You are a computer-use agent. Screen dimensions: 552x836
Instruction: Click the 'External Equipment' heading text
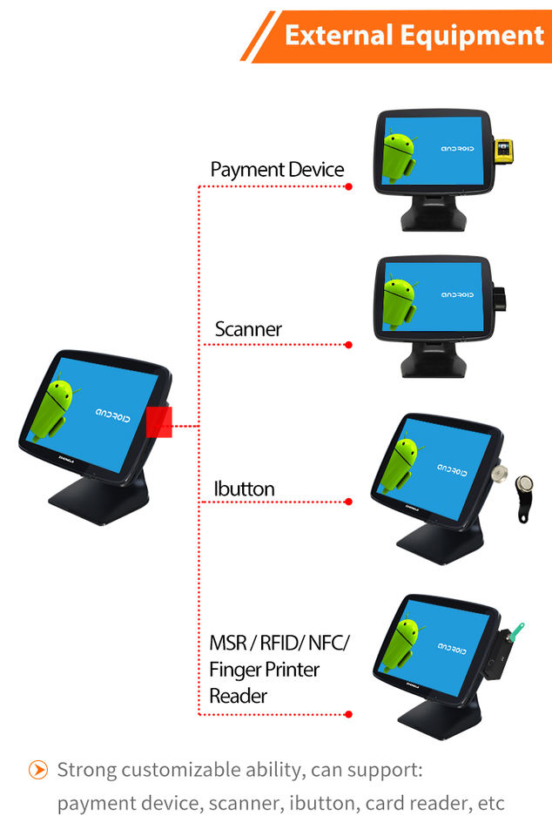pos(414,36)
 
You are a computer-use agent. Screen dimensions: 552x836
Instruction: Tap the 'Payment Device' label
pos(277,170)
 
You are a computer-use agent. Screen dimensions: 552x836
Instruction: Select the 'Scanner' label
pos(248,329)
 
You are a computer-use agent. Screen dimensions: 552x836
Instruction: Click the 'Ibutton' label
pos(244,489)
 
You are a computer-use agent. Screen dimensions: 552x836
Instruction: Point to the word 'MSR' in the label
pos(228,643)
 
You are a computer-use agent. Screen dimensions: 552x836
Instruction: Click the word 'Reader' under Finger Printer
pos(239,696)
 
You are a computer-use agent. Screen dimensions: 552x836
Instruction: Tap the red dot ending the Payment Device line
pos(348,186)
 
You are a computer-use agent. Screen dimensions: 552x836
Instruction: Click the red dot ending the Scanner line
pos(348,345)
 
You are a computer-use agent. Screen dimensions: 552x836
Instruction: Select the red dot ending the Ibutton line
pos(348,502)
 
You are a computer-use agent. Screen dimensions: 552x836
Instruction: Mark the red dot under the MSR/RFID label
pos(348,714)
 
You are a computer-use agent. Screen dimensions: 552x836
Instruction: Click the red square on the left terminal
pos(158,422)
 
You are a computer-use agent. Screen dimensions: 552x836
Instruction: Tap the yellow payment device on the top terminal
pos(503,151)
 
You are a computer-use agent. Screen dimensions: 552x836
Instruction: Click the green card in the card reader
pos(516,632)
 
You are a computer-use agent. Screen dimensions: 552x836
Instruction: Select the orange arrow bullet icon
pos(37,769)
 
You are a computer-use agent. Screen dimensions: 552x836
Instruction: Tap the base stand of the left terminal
pos(99,498)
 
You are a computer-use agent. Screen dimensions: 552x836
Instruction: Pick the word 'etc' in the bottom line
pos(491,803)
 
